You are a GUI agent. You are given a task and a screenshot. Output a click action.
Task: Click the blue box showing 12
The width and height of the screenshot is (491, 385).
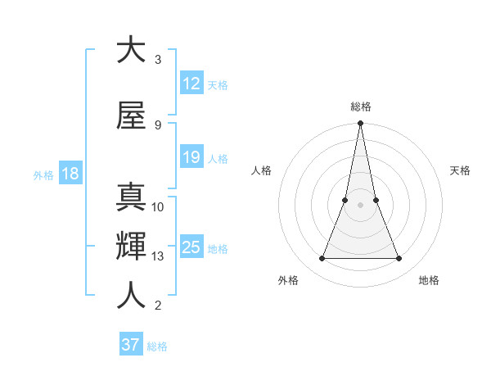click(x=191, y=84)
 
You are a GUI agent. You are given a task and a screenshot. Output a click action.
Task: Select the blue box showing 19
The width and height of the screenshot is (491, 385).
click(x=191, y=157)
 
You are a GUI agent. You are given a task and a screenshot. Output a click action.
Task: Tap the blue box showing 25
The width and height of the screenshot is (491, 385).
click(x=191, y=247)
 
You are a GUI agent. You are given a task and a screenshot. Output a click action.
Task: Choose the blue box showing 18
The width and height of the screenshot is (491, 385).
click(x=70, y=174)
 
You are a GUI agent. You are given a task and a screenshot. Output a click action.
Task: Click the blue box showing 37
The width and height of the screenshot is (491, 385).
click(x=130, y=345)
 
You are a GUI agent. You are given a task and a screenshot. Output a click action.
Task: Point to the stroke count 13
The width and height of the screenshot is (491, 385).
click(x=158, y=256)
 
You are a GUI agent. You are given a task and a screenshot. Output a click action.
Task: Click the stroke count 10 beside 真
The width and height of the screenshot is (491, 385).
click(x=158, y=206)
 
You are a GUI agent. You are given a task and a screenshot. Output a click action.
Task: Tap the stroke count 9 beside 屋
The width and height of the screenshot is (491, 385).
click(x=158, y=125)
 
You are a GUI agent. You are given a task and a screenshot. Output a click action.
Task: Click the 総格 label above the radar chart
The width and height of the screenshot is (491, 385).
click(x=360, y=106)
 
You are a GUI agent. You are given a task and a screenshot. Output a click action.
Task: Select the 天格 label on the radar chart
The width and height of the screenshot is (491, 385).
click(x=460, y=170)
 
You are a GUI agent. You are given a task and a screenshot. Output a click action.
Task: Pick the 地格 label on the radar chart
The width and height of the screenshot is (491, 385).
click(x=429, y=280)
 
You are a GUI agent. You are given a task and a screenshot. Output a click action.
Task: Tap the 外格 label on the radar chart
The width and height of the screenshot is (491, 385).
click(x=288, y=280)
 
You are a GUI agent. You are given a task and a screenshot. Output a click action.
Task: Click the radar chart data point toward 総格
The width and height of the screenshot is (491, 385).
click(x=360, y=124)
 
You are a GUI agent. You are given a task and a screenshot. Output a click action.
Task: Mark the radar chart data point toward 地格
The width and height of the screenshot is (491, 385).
click(x=399, y=259)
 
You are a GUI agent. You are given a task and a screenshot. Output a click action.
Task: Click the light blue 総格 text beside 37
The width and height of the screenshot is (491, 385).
click(x=157, y=346)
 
